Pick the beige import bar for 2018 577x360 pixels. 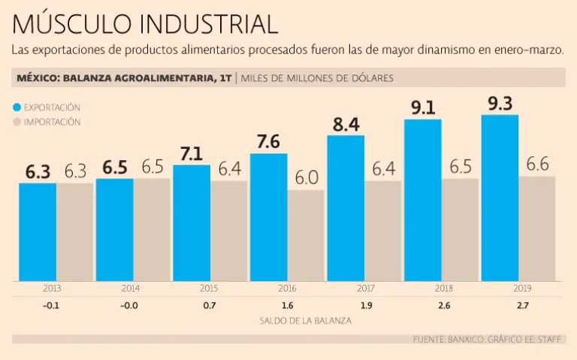coord(461,229)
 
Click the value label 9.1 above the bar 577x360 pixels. coord(422,107)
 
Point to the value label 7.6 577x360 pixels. coord(268,142)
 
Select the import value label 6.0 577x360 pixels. coord(307,178)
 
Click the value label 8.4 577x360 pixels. coord(346,124)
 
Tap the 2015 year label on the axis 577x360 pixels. coord(210,288)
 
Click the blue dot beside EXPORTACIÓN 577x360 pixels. coord(17,107)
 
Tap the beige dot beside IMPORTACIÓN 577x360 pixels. coord(17,122)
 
